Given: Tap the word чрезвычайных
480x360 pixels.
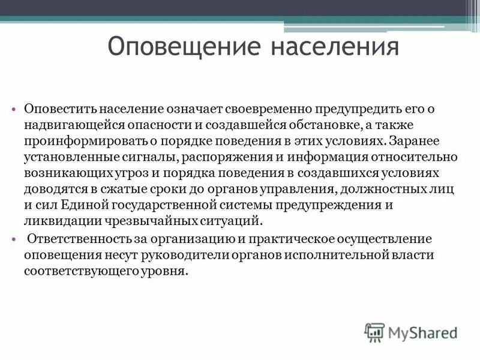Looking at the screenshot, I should [x=135, y=220].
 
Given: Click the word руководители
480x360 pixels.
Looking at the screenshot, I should [x=183, y=254].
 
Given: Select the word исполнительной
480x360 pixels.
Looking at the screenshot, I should [x=331, y=254].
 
